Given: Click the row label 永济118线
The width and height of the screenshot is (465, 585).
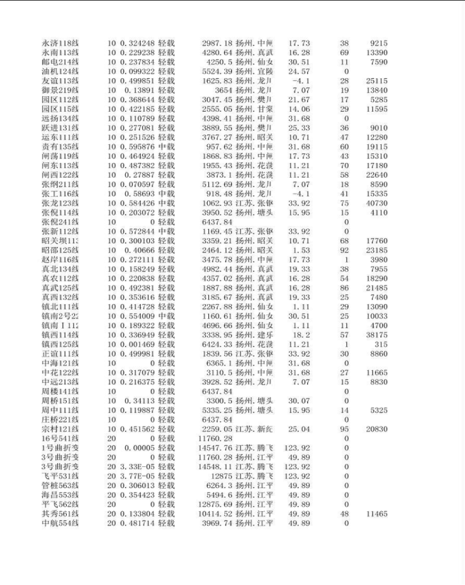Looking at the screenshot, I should (x=60, y=43).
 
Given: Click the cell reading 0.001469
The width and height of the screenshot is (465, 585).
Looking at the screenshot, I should (x=137, y=344).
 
